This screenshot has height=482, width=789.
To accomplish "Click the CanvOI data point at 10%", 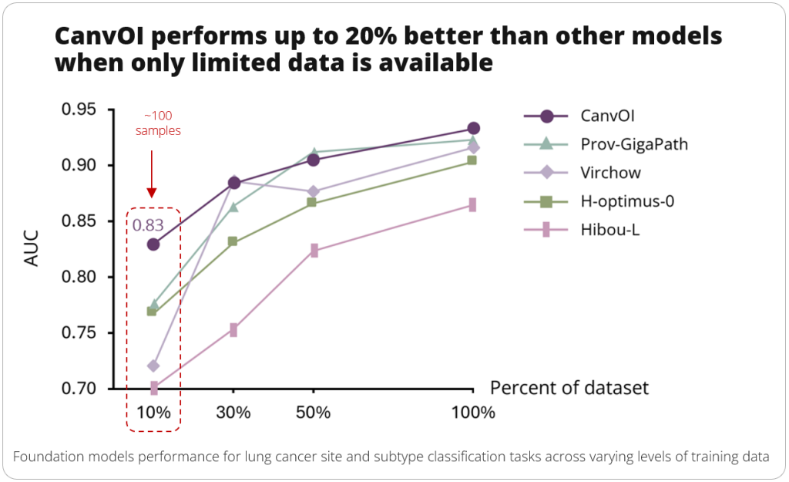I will [153, 244].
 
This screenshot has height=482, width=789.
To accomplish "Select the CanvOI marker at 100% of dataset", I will [473, 128].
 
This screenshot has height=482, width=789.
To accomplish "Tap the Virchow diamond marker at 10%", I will [153, 366].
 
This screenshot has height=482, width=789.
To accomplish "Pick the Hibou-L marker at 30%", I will [233, 330].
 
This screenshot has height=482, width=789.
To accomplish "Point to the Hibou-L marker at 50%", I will [314, 251].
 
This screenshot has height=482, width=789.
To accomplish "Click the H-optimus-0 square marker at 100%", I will [472, 160].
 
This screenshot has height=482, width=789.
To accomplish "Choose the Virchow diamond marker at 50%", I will [314, 191].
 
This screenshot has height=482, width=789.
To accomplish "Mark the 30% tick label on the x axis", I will [233, 413].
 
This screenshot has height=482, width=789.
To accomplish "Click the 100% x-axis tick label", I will [472, 413].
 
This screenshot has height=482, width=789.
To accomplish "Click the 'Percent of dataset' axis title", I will [569, 387].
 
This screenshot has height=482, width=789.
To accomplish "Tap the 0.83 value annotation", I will [147, 225].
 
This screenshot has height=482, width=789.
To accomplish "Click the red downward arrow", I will [152, 174].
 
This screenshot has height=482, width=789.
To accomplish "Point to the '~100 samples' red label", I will [158, 123].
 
